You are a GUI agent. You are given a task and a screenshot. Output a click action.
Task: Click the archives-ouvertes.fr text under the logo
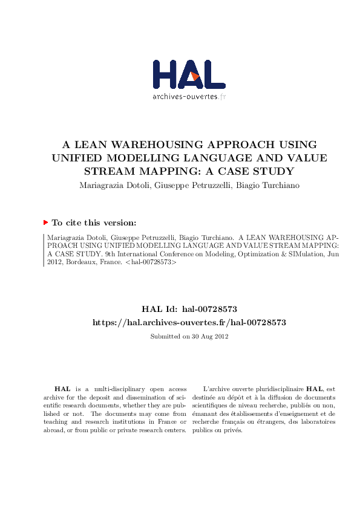pyautogui.click(x=188, y=97)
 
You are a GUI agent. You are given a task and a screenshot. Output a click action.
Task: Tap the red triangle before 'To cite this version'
pyautogui.click(x=45, y=222)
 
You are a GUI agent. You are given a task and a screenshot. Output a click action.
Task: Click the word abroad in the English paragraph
pyautogui.click(x=54, y=430)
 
